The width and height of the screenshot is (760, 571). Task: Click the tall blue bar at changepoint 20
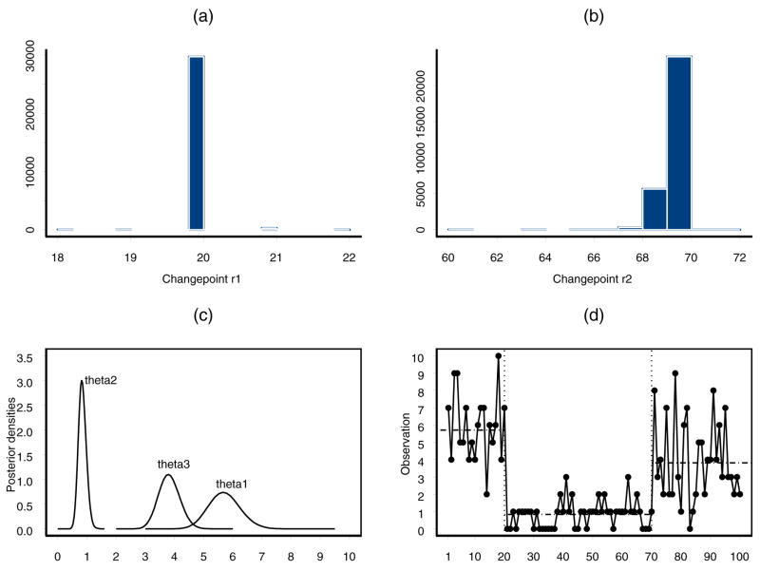[x=197, y=143]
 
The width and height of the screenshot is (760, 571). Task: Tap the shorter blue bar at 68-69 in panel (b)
[x=655, y=209]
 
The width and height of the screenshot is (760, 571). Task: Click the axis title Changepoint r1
[x=197, y=281]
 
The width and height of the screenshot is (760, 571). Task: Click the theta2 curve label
[x=101, y=380]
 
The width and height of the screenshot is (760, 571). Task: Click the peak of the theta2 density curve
[x=82, y=382]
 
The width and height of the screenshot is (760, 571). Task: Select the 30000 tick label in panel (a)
[x=28, y=59]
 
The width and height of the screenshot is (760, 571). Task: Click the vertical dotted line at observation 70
[x=652, y=428]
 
